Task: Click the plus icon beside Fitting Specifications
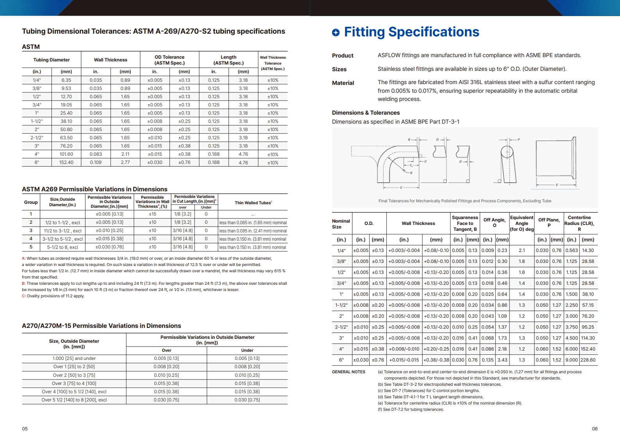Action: (x=336, y=32)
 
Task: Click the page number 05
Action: (x=25, y=429)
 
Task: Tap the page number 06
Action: (x=595, y=429)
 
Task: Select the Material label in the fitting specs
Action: (x=343, y=83)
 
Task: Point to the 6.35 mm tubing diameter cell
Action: (x=66, y=80)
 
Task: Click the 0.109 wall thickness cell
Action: (x=96, y=162)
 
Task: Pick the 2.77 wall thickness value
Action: (x=125, y=162)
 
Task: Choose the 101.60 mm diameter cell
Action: (x=66, y=154)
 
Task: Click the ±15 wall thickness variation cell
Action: (x=152, y=214)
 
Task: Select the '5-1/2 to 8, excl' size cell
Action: (x=63, y=247)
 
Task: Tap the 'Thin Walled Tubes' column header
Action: (x=253, y=203)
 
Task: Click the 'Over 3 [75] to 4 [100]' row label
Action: (x=74, y=383)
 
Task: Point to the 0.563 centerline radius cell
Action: (x=572, y=250)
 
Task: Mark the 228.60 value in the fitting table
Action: (x=588, y=360)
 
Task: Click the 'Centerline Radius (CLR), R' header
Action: (x=579, y=223)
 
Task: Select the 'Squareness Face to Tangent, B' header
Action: (x=465, y=223)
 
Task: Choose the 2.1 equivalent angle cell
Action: (x=522, y=250)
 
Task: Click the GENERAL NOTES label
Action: (x=348, y=372)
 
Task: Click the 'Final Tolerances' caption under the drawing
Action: (x=465, y=201)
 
